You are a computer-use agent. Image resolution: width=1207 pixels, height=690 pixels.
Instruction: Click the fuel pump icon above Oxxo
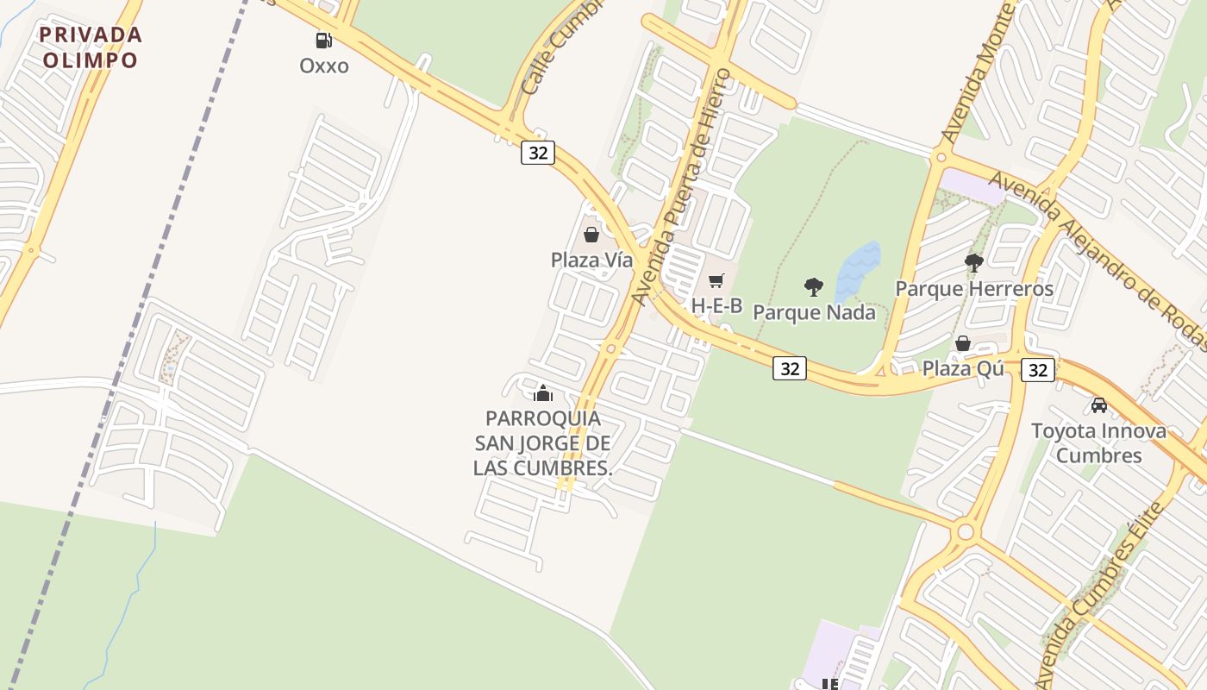point(323,40)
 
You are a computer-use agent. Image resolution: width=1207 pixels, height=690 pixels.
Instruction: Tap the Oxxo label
point(324,66)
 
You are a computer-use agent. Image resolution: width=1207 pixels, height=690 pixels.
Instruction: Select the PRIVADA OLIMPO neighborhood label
point(91,47)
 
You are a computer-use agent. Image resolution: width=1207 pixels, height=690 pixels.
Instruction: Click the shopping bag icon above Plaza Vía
point(591,234)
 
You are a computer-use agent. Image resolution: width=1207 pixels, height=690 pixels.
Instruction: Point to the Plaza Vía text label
point(591,260)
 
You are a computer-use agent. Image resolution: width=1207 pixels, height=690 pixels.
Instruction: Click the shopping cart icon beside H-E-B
point(716,280)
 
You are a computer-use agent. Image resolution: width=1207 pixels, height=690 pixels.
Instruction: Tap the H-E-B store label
point(716,305)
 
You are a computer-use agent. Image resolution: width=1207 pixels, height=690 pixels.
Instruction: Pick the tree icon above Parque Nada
point(813,286)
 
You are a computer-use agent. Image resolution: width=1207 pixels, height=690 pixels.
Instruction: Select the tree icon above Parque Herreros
point(974,262)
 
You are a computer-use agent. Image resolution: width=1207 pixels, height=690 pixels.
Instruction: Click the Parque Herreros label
point(974,288)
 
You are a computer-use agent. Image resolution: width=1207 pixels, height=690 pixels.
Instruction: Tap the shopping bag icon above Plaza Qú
point(963,343)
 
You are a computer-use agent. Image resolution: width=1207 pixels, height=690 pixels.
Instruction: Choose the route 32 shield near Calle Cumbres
point(537,153)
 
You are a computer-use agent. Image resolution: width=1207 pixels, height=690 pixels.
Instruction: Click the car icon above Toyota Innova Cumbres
point(1098,405)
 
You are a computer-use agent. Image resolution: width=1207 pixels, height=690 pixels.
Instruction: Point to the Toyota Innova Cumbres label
point(1098,442)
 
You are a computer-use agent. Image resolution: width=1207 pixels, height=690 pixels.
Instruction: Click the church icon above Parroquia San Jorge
point(543,393)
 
